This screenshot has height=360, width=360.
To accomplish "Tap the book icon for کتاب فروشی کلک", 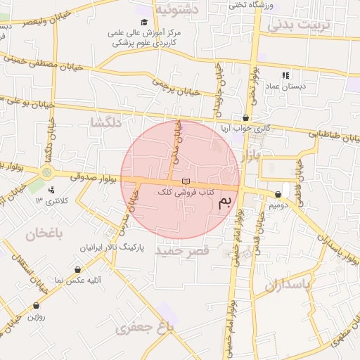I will click(x=185, y=182).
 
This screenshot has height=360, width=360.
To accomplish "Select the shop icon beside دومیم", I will click(x=278, y=194).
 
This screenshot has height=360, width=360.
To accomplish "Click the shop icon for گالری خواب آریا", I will click(x=245, y=118).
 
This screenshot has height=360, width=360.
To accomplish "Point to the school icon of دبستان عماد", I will click(x=285, y=75).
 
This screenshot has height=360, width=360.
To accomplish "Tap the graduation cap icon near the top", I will click(x=144, y=22).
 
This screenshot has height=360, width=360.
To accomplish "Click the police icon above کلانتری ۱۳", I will click(x=51, y=190).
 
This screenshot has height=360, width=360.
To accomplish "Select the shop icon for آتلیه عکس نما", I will click(x=77, y=269).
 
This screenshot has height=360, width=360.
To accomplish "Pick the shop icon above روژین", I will click(x=36, y=306).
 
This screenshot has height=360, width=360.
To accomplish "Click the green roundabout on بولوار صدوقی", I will click(x=47, y=172).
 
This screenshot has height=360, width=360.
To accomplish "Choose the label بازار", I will click(x=250, y=156).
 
